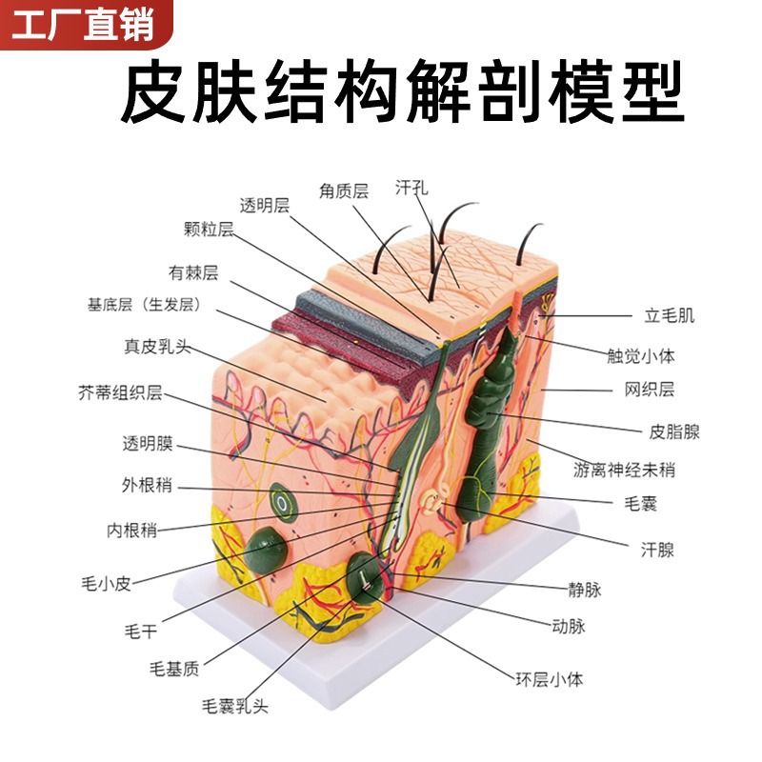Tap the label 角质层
[344, 190]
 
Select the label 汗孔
[411, 187]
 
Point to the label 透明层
[264, 205]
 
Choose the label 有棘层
[193, 273]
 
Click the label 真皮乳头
[157, 347]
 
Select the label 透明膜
[148, 444]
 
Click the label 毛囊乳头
[235, 706]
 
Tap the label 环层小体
[549, 679]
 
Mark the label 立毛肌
[670, 315]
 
